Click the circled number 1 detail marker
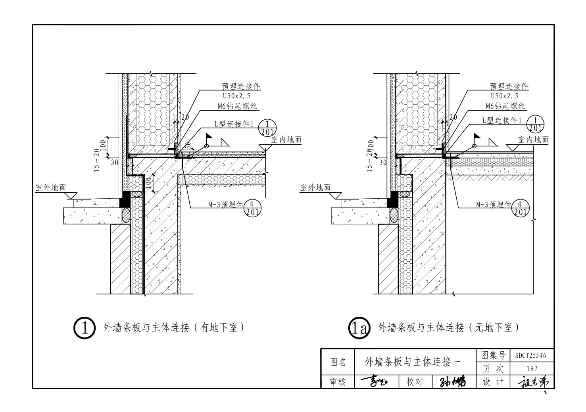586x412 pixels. (85, 328)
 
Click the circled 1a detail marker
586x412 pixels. (359, 328)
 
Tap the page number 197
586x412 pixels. (532, 369)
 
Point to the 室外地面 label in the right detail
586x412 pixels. (315, 187)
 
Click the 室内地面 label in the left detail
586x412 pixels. (286, 140)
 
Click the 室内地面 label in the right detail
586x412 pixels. (533, 140)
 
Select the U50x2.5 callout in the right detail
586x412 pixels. (504, 96)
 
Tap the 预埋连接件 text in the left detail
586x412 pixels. (242, 86)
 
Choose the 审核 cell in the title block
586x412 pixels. (338, 382)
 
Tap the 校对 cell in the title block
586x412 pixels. (415, 382)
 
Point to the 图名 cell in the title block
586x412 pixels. (338, 362)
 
